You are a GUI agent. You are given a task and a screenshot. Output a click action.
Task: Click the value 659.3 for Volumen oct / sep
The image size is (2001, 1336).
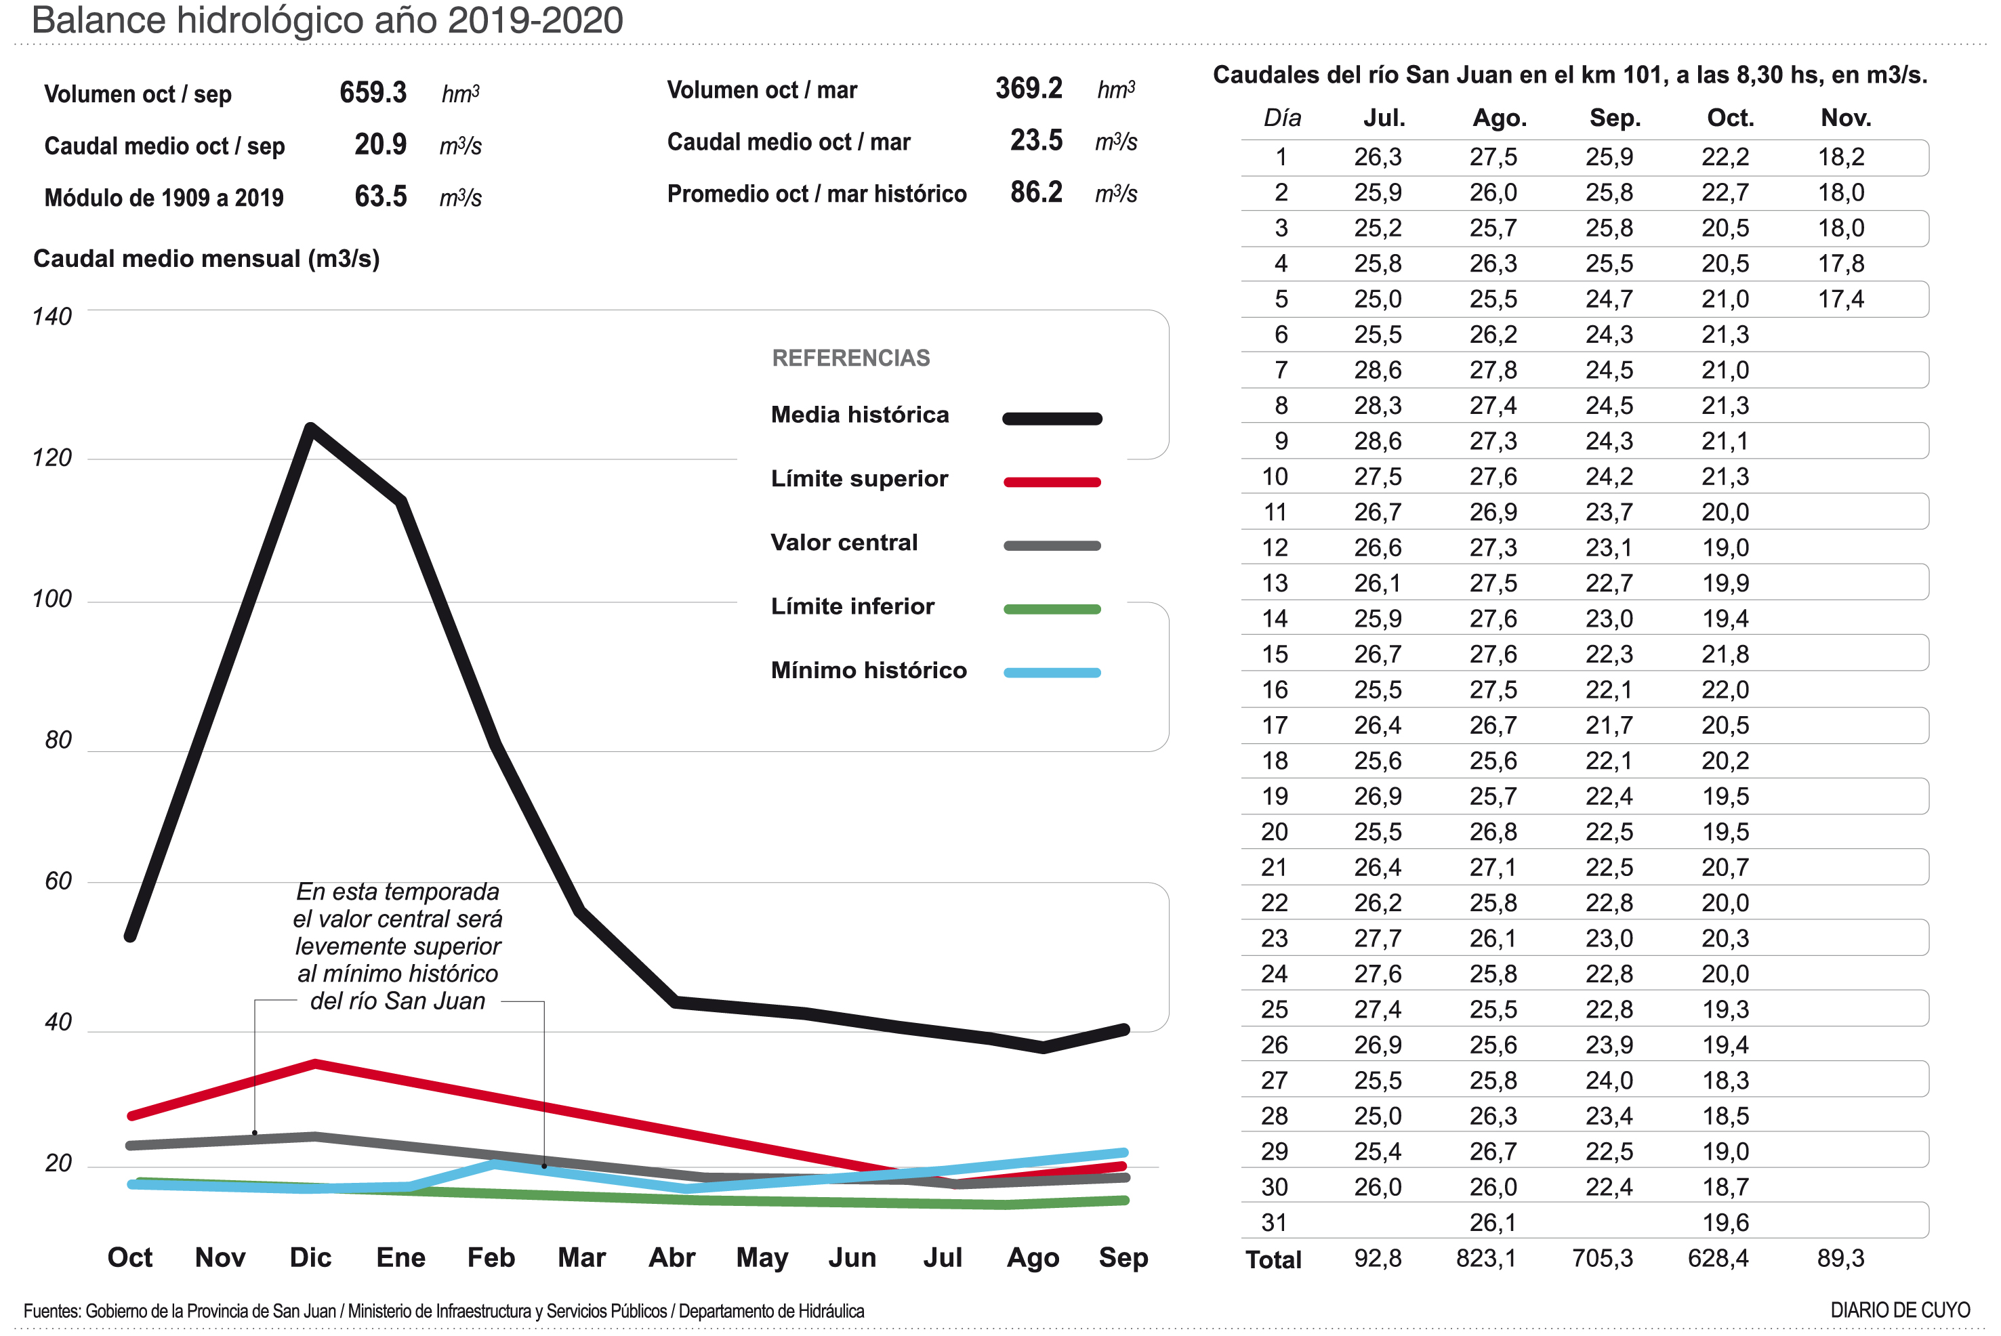coord(373,92)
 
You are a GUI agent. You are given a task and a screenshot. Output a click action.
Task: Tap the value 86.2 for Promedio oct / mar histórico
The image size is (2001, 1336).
coord(1035,192)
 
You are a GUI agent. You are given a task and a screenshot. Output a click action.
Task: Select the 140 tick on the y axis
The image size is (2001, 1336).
coord(52,316)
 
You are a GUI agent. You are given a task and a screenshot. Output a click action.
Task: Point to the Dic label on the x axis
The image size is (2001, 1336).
coord(310,1257)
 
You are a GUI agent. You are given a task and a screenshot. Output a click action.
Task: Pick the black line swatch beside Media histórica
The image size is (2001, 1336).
coord(1052,419)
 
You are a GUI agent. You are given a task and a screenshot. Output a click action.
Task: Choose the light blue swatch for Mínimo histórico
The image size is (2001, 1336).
coord(1052,672)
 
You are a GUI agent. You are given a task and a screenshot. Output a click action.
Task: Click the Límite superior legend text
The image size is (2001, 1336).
coord(859,479)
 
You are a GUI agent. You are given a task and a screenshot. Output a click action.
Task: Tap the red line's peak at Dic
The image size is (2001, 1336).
coord(315,1064)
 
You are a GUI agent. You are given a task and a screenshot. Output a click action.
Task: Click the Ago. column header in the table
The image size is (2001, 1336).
coord(1499,118)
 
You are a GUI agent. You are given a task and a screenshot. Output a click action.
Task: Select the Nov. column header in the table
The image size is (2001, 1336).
coord(1845,118)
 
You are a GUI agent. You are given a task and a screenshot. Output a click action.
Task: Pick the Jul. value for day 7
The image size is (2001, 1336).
coord(1377,370)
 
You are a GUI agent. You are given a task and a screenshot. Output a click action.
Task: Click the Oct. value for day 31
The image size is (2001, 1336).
coord(1725,1223)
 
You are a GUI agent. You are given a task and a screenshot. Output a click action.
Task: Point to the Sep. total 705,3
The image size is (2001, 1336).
coord(1602,1259)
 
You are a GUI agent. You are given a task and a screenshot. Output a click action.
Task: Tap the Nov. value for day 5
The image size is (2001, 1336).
coord(1841,299)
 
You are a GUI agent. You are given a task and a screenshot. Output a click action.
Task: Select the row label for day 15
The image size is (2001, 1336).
coord(1274,654)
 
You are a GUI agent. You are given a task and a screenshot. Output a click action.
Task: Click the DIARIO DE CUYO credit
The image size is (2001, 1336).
coord(1899,1310)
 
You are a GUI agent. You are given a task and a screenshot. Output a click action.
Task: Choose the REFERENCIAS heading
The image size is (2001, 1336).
coord(850,358)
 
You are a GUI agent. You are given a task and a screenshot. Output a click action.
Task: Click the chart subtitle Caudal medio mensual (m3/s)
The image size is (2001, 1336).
coord(206,259)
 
